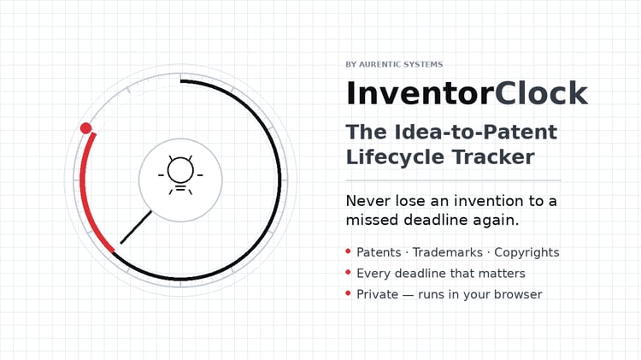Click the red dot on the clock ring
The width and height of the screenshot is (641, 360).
click(x=85, y=128)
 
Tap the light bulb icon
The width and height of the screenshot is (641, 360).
click(x=180, y=174)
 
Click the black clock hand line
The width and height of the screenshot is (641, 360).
click(x=136, y=227)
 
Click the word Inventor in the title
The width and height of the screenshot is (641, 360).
click(x=420, y=93)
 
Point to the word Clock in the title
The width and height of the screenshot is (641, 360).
click(x=541, y=93)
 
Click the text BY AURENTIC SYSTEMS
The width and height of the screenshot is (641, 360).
click(x=394, y=64)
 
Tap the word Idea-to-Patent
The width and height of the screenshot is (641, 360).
click(x=476, y=132)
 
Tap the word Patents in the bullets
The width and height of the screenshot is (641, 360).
click(x=379, y=252)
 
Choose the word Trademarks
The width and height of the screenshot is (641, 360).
click(x=447, y=252)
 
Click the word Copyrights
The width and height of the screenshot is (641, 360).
click(x=526, y=253)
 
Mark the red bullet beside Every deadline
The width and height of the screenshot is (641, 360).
click(x=349, y=272)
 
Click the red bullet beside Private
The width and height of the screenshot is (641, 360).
click(x=349, y=293)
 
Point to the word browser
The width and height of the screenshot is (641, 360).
click(x=518, y=294)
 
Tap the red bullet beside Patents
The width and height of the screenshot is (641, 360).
click(x=349, y=251)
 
